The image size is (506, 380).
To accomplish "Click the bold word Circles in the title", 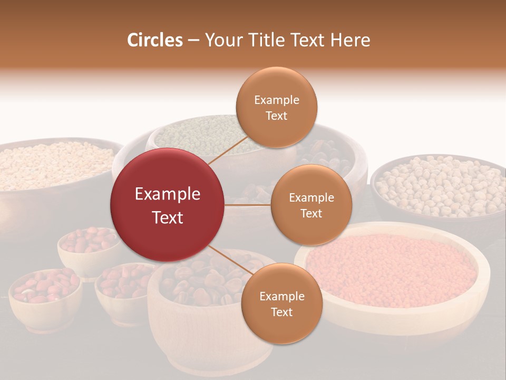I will pyautogui.click(x=155, y=40).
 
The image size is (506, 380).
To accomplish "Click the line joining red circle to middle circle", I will pyautogui.click(x=248, y=205).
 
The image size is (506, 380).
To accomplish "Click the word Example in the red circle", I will pyautogui.click(x=168, y=194).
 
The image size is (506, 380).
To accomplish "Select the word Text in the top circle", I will pyautogui.click(x=277, y=116).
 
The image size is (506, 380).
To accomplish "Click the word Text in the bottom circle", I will pyautogui.click(x=282, y=312).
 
